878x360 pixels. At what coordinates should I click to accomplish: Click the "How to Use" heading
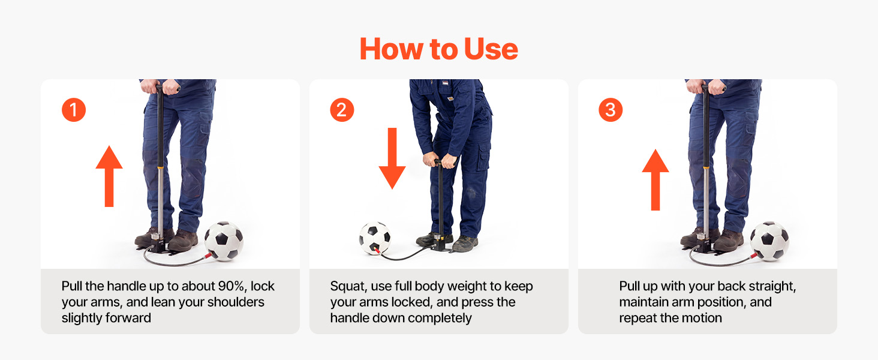(439, 49)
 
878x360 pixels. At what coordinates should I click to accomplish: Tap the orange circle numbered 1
(74, 110)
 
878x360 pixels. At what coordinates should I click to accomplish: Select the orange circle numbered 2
(342, 110)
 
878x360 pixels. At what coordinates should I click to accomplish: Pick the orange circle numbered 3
(611, 110)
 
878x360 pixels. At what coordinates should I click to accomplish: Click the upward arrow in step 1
(109, 176)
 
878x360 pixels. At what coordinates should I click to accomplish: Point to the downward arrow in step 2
(392, 158)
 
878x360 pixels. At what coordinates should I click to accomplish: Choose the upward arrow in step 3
(656, 179)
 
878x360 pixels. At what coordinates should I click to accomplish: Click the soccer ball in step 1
(224, 241)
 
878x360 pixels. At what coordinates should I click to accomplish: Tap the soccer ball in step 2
(375, 238)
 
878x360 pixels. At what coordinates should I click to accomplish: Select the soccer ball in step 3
(769, 241)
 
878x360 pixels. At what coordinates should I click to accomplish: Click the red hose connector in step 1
(207, 256)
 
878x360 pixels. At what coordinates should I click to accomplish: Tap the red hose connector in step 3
(753, 256)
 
